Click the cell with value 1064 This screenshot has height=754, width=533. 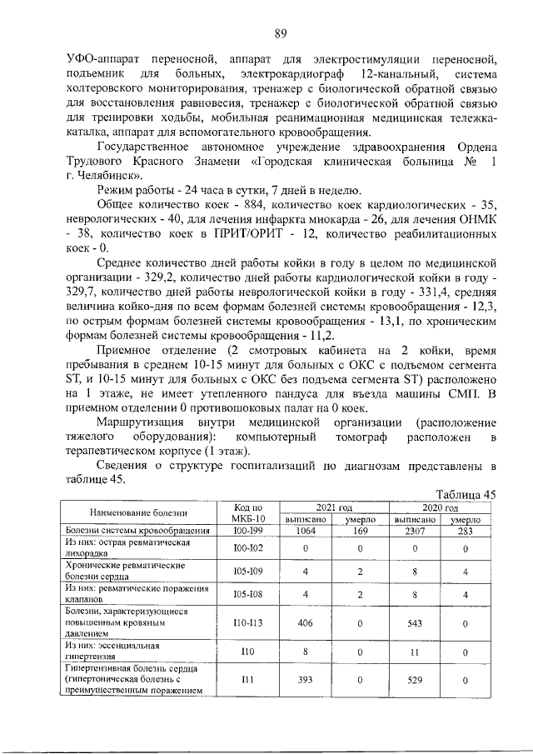tap(306, 531)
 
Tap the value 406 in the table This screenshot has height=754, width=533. tap(306, 622)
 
